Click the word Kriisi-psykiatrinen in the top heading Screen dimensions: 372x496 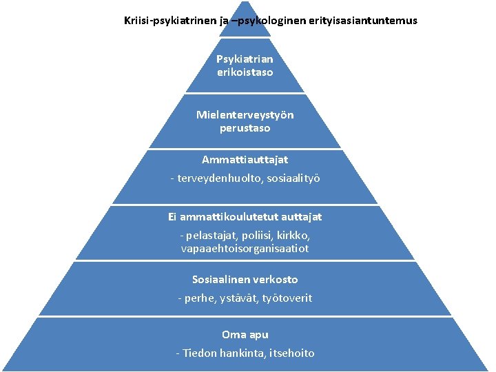pos(170,21)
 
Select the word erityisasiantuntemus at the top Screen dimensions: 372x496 pos(362,21)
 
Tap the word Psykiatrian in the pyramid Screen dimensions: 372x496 pos(245,59)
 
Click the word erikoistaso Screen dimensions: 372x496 pos(245,72)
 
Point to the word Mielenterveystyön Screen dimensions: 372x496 pos(245,114)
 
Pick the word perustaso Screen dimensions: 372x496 pos(245,128)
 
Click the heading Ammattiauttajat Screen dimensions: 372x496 pos(245,160)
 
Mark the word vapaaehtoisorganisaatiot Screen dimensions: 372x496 pos(245,248)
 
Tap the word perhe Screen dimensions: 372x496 pos(200,298)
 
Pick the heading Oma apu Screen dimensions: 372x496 pos(245,335)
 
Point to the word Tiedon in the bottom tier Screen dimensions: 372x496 pos(200,353)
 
